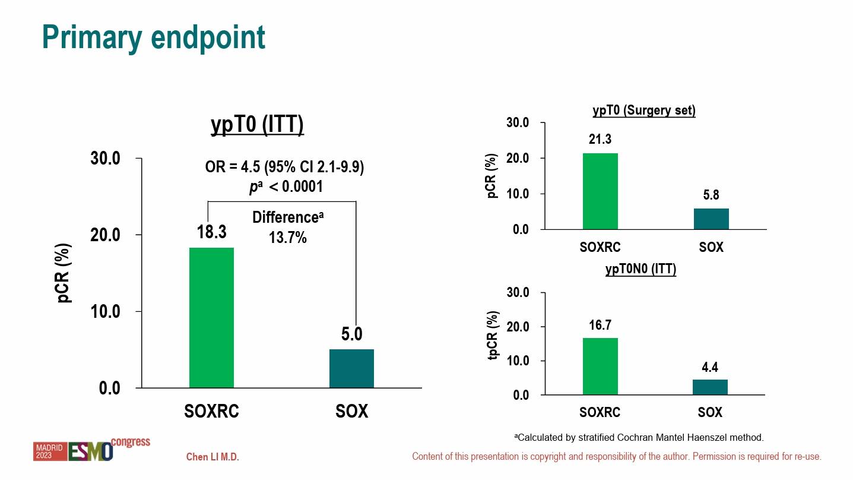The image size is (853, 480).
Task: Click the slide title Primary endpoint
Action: tap(154, 37)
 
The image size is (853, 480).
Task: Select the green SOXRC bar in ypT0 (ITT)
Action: tap(211, 318)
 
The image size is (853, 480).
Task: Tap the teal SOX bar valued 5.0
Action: tap(351, 368)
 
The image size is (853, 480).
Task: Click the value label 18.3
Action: tap(212, 232)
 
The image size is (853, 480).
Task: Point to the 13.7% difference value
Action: tap(288, 238)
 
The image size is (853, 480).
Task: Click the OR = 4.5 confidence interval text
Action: tap(284, 167)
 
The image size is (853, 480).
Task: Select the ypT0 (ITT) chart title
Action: tap(257, 125)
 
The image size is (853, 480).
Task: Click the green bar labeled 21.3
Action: tap(600, 191)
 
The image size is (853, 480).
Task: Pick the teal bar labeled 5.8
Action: tap(711, 219)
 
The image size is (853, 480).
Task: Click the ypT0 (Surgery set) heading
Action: tap(644, 110)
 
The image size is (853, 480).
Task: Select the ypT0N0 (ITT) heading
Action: tap(640, 269)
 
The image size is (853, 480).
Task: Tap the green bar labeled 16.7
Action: tap(600, 367)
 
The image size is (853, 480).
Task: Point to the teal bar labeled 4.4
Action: tap(710, 387)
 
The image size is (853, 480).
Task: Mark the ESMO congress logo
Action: tap(91, 450)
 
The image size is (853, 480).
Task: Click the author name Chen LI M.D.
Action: tap(213, 457)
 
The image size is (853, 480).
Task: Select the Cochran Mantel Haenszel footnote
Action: tap(638, 437)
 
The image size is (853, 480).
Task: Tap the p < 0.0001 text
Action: tap(286, 187)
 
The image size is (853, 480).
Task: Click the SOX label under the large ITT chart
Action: tap(351, 411)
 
